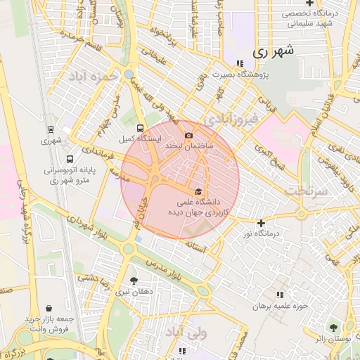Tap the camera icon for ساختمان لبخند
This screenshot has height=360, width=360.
pyautogui.click(x=188, y=136)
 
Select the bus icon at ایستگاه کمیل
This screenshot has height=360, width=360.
pyautogui.click(x=140, y=129)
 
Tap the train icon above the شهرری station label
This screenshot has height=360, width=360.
pyautogui.click(x=51, y=129)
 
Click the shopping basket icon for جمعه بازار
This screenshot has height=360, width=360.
pyautogui.click(x=49, y=308)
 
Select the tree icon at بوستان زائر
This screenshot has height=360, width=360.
pyautogui.click(x=333, y=328)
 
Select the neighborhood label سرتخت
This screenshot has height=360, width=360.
pyautogui.click(x=307, y=191)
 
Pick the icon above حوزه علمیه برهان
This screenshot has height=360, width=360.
pyautogui.click(x=280, y=295)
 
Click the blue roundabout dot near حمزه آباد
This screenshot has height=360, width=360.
pyautogui.click(x=129, y=73)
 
